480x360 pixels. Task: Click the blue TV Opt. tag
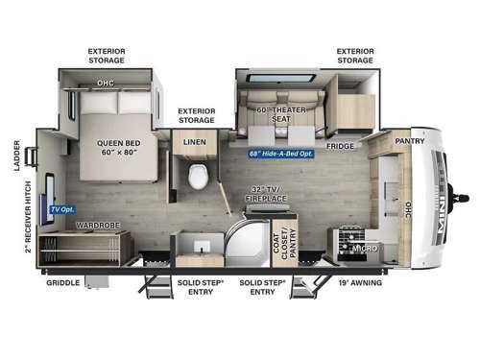62,208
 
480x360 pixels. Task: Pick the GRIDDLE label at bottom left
65,282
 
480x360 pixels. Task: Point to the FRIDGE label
339,147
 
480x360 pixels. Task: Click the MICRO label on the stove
364,248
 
